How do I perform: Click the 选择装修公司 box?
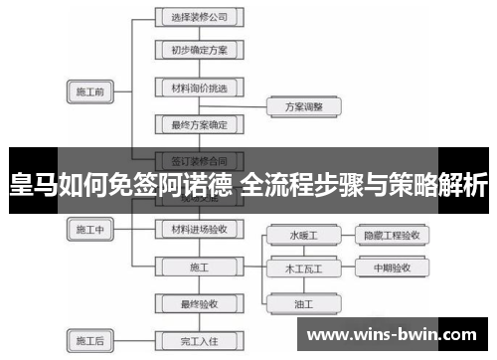(x=199, y=17)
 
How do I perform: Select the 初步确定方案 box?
(x=199, y=48)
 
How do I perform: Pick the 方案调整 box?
(x=304, y=104)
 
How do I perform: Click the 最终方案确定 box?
(x=199, y=124)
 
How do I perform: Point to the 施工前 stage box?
(x=90, y=91)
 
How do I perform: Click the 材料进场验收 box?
(x=199, y=230)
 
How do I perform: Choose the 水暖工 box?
(x=303, y=236)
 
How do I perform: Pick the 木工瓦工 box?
(x=303, y=269)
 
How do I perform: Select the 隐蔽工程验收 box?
(x=392, y=236)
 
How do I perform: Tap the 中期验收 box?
(x=392, y=269)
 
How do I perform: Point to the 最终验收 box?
(x=199, y=302)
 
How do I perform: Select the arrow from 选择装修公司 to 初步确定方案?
(x=199, y=32)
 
